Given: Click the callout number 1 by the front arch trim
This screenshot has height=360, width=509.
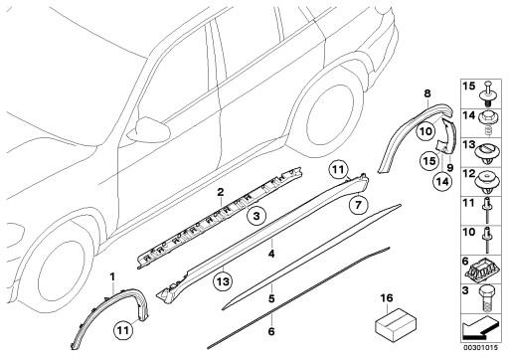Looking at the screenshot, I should [x=113, y=275].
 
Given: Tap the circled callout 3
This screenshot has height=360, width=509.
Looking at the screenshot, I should [x=256, y=215].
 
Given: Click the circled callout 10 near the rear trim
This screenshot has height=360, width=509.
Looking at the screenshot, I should [x=425, y=130].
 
